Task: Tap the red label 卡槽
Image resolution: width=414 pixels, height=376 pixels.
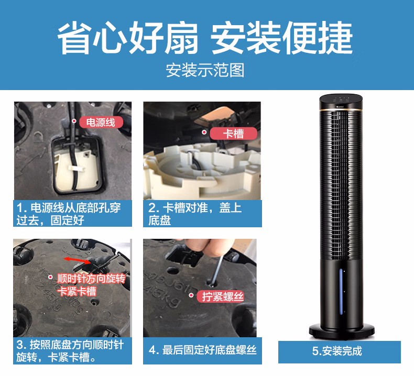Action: pyautogui.click(x=234, y=134)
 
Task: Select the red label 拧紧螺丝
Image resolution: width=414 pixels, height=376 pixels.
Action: pyautogui.click(x=222, y=297)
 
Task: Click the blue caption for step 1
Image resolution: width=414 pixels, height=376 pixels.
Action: pyautogui.click(x=72, y=214)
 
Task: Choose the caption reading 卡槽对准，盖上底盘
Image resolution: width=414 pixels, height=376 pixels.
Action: pyautogui.click(x=202, y=214)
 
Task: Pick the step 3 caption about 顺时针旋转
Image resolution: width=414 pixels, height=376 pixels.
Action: pyautogui.click(x=72, y=351)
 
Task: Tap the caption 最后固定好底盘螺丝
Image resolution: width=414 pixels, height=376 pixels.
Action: pyautogui.click(x=202, y=350)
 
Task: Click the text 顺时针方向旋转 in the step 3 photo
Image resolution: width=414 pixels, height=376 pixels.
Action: pyautogui.click(x=91, y=278)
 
